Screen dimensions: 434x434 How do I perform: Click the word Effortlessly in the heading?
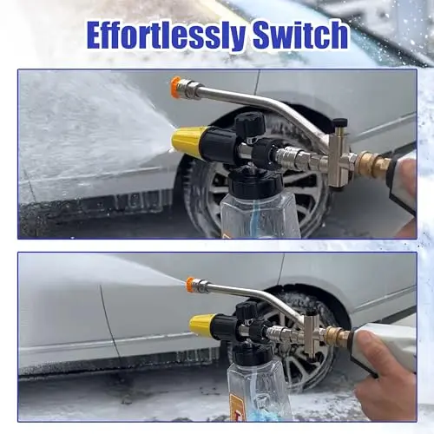[x=166, y=36]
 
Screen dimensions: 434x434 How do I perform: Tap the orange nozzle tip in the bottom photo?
[x=190, y=286]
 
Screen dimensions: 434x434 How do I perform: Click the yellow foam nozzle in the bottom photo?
[x=201, y=324]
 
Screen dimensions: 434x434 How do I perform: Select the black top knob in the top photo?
[x=250, y=123]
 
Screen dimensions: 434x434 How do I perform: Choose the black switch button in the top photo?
[x=339, y=122]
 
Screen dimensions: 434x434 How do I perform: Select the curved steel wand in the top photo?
[x=260, y=106]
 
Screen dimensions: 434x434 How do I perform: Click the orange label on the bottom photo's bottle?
[x=237, y=404]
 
